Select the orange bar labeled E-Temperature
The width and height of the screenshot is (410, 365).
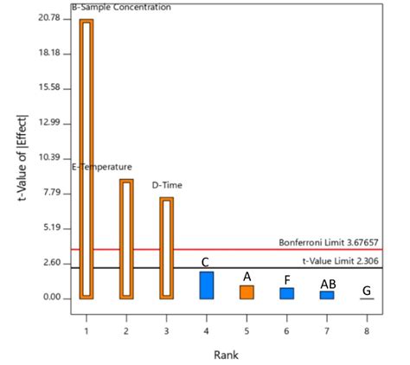[x=126, y=239]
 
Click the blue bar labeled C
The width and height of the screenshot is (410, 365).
[x=207, y=285]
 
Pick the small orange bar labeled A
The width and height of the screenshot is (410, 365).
[x=247, y=292]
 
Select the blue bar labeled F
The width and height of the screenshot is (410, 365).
[x=286, y=293]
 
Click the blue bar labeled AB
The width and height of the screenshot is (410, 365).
[x=326, y=295]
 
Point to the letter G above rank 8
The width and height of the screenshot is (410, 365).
[x=367, y=291]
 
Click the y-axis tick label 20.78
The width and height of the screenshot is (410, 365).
[x=49, y=18]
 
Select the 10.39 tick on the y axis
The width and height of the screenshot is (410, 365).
[x=49, y=158]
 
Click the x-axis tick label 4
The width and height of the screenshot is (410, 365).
[x=207, y=331]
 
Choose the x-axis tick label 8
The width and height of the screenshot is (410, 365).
[x=367, y=331]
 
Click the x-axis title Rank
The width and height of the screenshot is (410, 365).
[x=226, y=354]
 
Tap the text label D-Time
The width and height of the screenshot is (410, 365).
[x=167, y=185]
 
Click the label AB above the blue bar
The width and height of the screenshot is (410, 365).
[x=328, y=284]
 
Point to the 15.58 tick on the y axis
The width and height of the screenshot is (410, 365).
[x=49, y=88]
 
